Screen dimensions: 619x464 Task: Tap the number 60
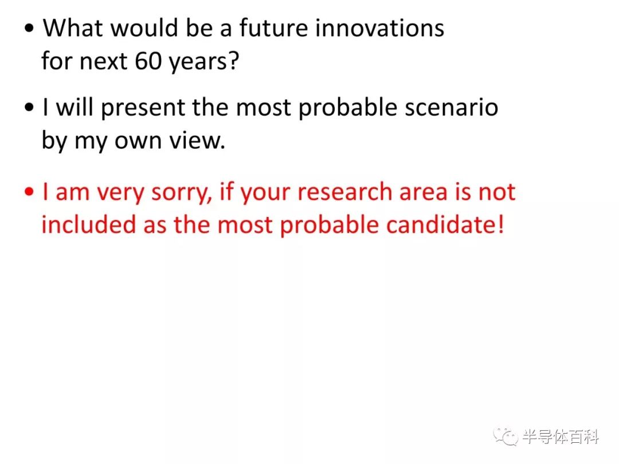point(148,61)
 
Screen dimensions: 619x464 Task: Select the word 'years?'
point(203,63)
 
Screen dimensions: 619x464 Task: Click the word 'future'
point(273,28)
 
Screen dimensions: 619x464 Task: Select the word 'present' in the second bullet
point(143,108)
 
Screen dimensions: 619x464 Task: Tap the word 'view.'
point(197,140)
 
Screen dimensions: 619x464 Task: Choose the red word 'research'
point(344,192)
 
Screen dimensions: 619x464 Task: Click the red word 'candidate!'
point(445,225)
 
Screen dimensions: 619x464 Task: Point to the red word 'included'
point(88,225)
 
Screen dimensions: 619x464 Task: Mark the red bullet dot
point(29,192)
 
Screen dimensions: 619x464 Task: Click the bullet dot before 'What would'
point(29,29)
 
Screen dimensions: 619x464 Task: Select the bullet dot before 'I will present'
point(29,107)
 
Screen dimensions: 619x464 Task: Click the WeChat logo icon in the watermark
point(506,436)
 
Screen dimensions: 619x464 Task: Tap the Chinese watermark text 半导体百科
point(561,437)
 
